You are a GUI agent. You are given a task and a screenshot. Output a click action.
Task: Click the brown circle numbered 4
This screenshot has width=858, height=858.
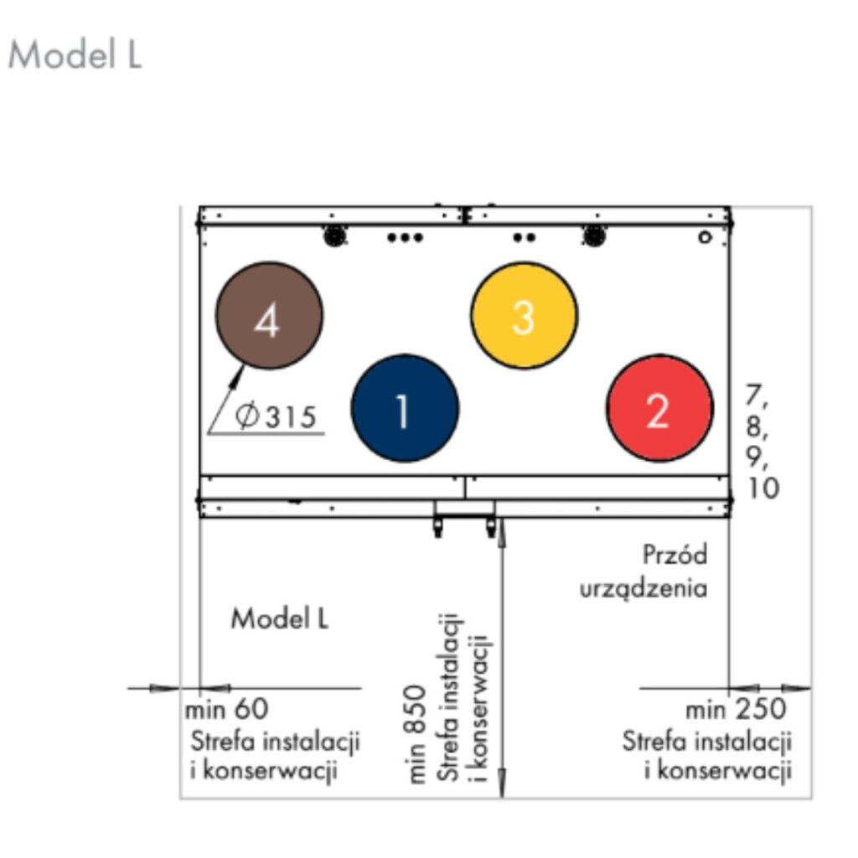269,316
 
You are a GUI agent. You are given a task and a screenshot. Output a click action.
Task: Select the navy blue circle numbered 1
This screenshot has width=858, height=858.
405,408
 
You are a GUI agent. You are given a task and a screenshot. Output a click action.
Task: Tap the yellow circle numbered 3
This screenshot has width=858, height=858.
524,316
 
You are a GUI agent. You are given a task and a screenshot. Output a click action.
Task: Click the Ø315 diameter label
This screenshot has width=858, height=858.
277,416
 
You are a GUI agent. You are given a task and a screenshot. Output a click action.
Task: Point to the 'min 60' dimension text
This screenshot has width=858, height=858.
227,709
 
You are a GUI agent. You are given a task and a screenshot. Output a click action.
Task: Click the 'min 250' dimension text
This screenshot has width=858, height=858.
736,710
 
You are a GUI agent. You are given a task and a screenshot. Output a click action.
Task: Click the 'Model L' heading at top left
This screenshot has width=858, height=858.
75,55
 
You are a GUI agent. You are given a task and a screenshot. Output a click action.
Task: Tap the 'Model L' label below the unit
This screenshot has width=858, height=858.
280,619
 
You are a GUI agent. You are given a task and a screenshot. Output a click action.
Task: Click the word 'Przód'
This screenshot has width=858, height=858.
675,555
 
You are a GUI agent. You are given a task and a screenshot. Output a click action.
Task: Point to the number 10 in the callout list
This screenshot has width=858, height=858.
763,488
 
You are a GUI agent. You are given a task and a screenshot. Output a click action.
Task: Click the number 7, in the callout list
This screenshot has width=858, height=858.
757,394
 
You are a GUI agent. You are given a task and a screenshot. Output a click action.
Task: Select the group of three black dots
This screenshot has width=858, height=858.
406,237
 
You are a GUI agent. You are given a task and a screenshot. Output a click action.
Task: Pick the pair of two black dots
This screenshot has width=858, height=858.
525,237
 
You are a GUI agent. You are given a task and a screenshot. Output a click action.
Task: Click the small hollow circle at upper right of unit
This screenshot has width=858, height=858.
706,237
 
